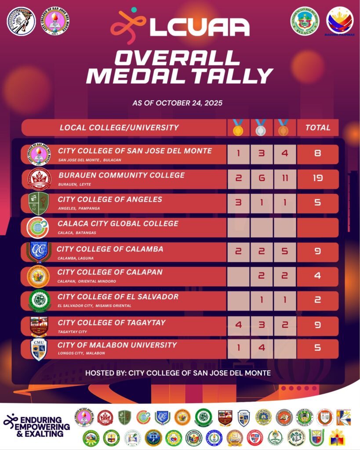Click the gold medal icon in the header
(238, 128)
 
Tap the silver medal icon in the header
(261, 128)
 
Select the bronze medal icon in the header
(284, 128)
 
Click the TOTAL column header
(318, 128)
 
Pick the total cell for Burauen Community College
(318, 178)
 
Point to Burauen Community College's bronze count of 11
(284, 178)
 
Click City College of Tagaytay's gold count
(239, 325)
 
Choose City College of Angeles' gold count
(239, 203)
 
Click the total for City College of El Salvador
(318, 301)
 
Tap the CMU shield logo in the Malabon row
(39, 349)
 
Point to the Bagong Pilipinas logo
(340, 21)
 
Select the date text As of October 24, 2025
(178, 103)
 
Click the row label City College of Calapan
(110, 272)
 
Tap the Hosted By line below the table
(178, 373)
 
